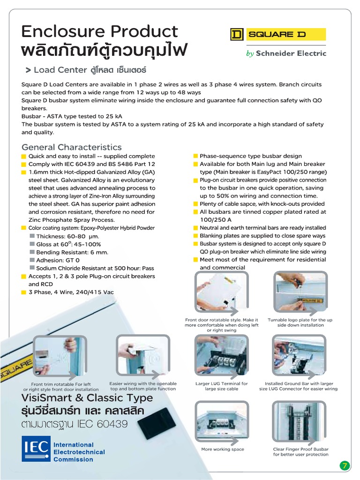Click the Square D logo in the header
coord(277,35)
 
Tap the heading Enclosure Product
coord(100,31)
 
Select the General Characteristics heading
coord(72,147)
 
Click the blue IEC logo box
coord(36,449)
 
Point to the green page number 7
coord(345,465)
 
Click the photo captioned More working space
coord(221,422)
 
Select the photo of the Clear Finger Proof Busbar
coord(300,422)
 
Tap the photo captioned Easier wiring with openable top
coord(142,355)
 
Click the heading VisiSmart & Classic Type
coord(87,398)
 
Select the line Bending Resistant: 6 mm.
coord(72,252)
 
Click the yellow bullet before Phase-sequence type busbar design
coord(195,156)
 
